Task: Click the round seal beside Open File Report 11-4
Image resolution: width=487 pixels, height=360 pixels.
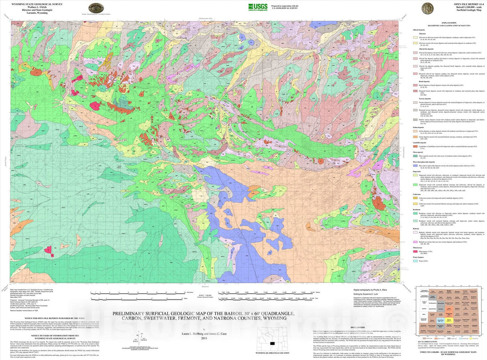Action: pos(427,8)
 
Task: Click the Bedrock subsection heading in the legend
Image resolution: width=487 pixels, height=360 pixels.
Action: pos(415,228)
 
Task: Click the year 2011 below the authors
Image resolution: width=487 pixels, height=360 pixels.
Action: pos(204,338)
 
